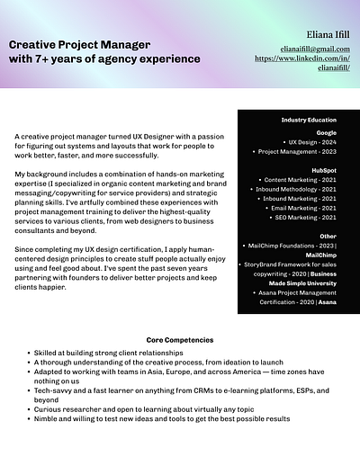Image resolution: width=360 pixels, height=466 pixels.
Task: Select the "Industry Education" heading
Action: pos(309,120)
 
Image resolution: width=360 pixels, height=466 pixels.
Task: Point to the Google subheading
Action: pos(325,131)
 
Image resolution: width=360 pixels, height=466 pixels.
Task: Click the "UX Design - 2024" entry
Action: pos(311,142)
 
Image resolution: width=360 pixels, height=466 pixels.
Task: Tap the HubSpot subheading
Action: pos(323,169)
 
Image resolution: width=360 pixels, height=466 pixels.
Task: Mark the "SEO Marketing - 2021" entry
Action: pos(306,218)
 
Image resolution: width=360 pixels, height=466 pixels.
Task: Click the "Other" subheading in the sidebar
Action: pos(328,236)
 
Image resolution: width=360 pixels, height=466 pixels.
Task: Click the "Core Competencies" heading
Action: pos(180,340)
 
